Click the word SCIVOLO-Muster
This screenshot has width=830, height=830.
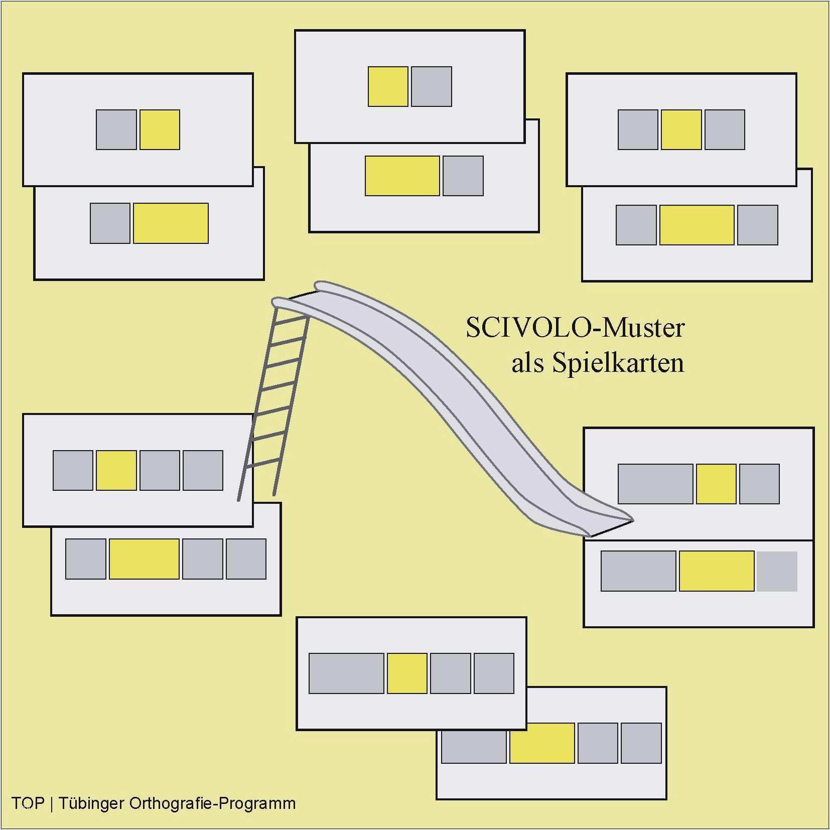[x=575, y=328]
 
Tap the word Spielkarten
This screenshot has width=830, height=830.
[x=618, y=363]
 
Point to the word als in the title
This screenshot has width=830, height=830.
[x=527, y=363]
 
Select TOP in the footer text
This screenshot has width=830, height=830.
[x=28, y=803]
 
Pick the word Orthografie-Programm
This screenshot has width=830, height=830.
[x=212, y=803]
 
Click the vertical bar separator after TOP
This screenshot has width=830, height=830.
[x=52, y=803]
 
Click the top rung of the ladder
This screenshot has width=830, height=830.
[x=292, y=317]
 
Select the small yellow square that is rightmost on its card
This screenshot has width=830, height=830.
[x=160, y=129]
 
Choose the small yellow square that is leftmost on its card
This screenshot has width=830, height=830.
[x=388, y=86]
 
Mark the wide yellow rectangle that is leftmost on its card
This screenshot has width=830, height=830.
[x=402, y=176]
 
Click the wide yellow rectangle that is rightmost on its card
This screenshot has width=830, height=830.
[x=171, y=223]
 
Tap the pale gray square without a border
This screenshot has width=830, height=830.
[x=777, y=571]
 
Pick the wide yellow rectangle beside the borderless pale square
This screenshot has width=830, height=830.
[x=717, y=571]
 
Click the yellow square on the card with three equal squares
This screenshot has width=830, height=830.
[x=681, y=129]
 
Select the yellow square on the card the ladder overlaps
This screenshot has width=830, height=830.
[x=116, y=470]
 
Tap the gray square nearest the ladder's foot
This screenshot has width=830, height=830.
[x=203, y=470]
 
